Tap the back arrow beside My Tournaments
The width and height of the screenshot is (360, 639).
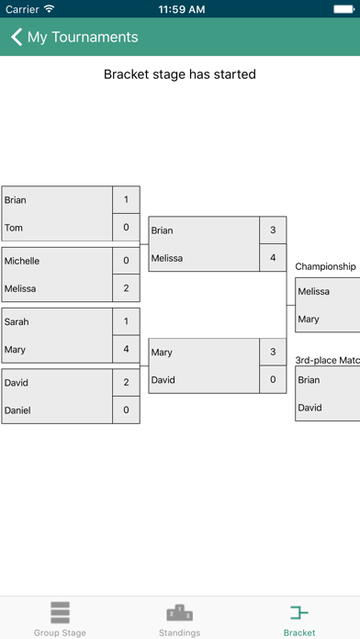[17, 38]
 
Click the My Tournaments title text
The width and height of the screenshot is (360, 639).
[83, 38]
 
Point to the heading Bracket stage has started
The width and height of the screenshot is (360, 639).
[179, 73]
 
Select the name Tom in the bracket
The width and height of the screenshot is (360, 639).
[14, 228]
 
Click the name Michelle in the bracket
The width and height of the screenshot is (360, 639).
[22, 261]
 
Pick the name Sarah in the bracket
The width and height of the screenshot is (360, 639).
[17, 322]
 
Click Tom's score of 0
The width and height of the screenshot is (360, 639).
[126, 228]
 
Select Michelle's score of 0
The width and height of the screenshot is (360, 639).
[126, 261]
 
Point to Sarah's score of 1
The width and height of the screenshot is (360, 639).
[126, 322]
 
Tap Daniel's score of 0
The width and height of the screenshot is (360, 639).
[126, 410]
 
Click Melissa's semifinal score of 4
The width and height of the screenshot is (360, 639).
[273, 258]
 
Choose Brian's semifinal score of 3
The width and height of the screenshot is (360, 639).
[273, 230]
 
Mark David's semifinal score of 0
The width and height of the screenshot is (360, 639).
[273, 379]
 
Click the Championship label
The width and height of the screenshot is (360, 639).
[325, 266]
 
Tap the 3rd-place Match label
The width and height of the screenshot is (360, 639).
[327, 360]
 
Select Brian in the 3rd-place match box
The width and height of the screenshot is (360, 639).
[309, 379]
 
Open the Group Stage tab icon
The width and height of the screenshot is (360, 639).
[60, 612]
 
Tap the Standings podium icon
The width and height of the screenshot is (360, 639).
[179, 612]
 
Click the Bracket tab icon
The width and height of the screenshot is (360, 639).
[298, 612]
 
